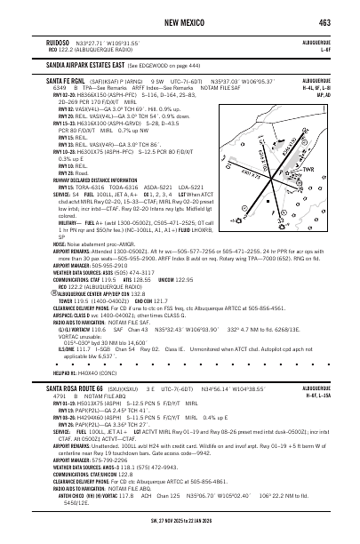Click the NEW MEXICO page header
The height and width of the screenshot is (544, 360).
[x=180, y=21]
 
